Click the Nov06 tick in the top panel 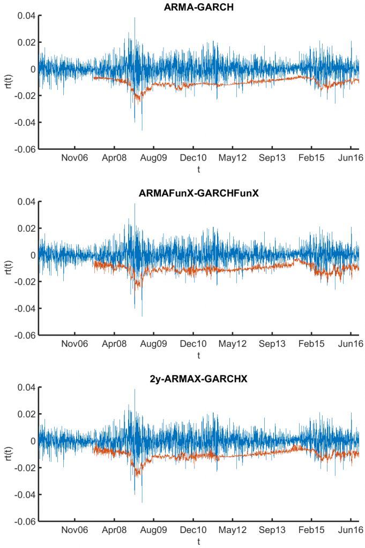(x=75, y=158)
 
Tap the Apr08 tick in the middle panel (x=114, y=344)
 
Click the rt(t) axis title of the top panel (x=7, y=82)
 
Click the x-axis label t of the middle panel (x=198, y=355)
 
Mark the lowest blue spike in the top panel (x=142, y=130)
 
